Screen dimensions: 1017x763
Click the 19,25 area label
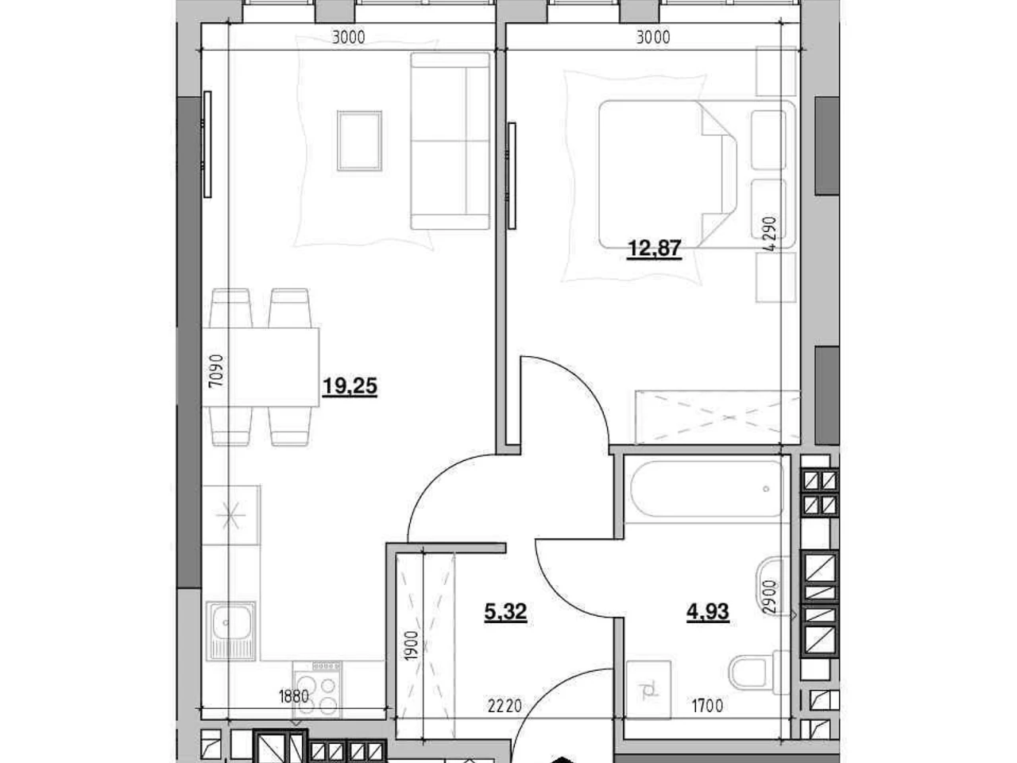click(x=350, y=386)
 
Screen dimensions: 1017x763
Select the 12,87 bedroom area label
click(x=654, y=249)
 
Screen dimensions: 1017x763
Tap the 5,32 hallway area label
click(x=505, y=612)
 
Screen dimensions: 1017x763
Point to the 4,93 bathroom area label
click(x=707, y=611)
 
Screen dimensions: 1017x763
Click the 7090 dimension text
click(x=216, y=370)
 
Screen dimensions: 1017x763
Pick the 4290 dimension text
click(x=770, y=234)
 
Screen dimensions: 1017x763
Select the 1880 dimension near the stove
click(x=294, y=696)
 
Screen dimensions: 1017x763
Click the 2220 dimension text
click(x=505, y=706)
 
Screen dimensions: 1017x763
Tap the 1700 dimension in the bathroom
click(x=707, y=706)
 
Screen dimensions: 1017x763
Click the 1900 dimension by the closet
click(x=412, y=646)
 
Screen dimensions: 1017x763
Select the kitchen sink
click(x=230, y=630)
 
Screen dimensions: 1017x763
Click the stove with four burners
click(x=317, y=689)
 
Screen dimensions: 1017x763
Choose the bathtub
click(x=706, y=489)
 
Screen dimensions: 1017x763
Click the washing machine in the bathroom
click(x=648, y=690)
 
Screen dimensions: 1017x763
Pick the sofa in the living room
click(x=450, y=141)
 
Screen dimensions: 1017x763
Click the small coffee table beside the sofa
click(x=360, y=141)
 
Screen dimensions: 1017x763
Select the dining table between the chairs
click(x=261, y=367)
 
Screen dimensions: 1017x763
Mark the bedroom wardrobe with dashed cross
click(x=717, y=417)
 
